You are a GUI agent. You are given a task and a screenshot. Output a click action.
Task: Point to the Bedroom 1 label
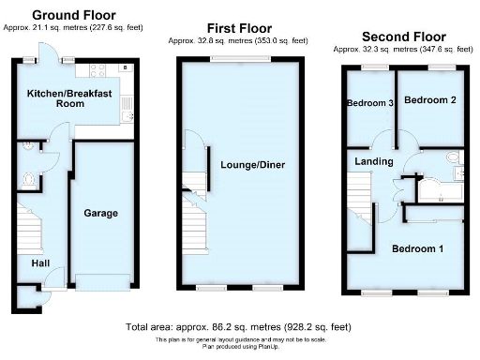coord(418,249)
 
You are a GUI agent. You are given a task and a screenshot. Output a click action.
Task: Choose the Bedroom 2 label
coord(429,99)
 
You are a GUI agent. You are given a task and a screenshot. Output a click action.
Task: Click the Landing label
coord(374,161)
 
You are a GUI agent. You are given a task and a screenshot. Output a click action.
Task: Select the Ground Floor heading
coord(74,15)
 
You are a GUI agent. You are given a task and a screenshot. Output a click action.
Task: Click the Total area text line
coord(238,327)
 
